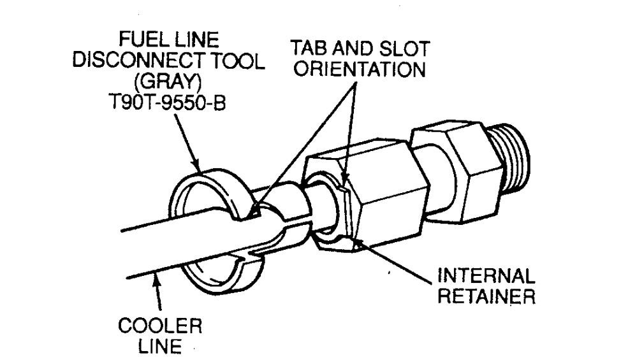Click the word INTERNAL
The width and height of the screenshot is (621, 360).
pos(487,278)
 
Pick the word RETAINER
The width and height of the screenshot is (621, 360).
pos(488,298)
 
